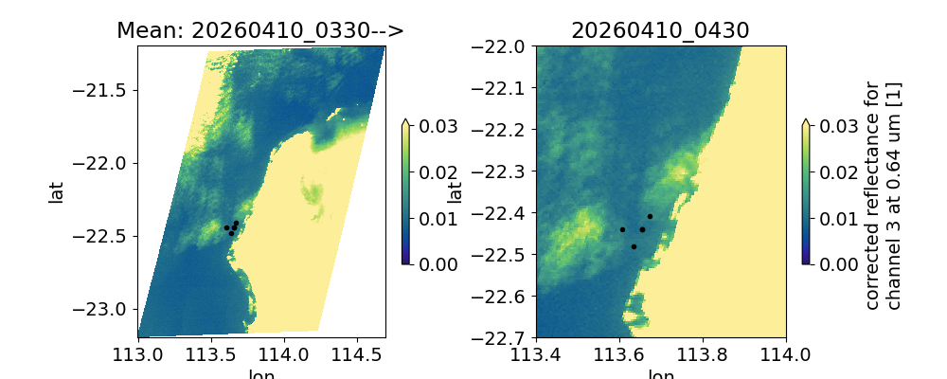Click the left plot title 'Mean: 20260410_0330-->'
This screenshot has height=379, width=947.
pos(260,30)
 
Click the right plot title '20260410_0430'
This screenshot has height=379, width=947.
pos(660,30)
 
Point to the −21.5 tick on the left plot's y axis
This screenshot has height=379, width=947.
pos(108,90)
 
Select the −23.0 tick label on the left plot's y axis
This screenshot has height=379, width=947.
pos(108,309)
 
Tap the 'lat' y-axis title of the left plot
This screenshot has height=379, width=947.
pos(56,192)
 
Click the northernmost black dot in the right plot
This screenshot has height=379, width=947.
pos(650,216)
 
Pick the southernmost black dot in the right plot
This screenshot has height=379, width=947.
pos(634,246)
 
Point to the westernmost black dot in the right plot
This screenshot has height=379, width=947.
pos(622,229)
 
